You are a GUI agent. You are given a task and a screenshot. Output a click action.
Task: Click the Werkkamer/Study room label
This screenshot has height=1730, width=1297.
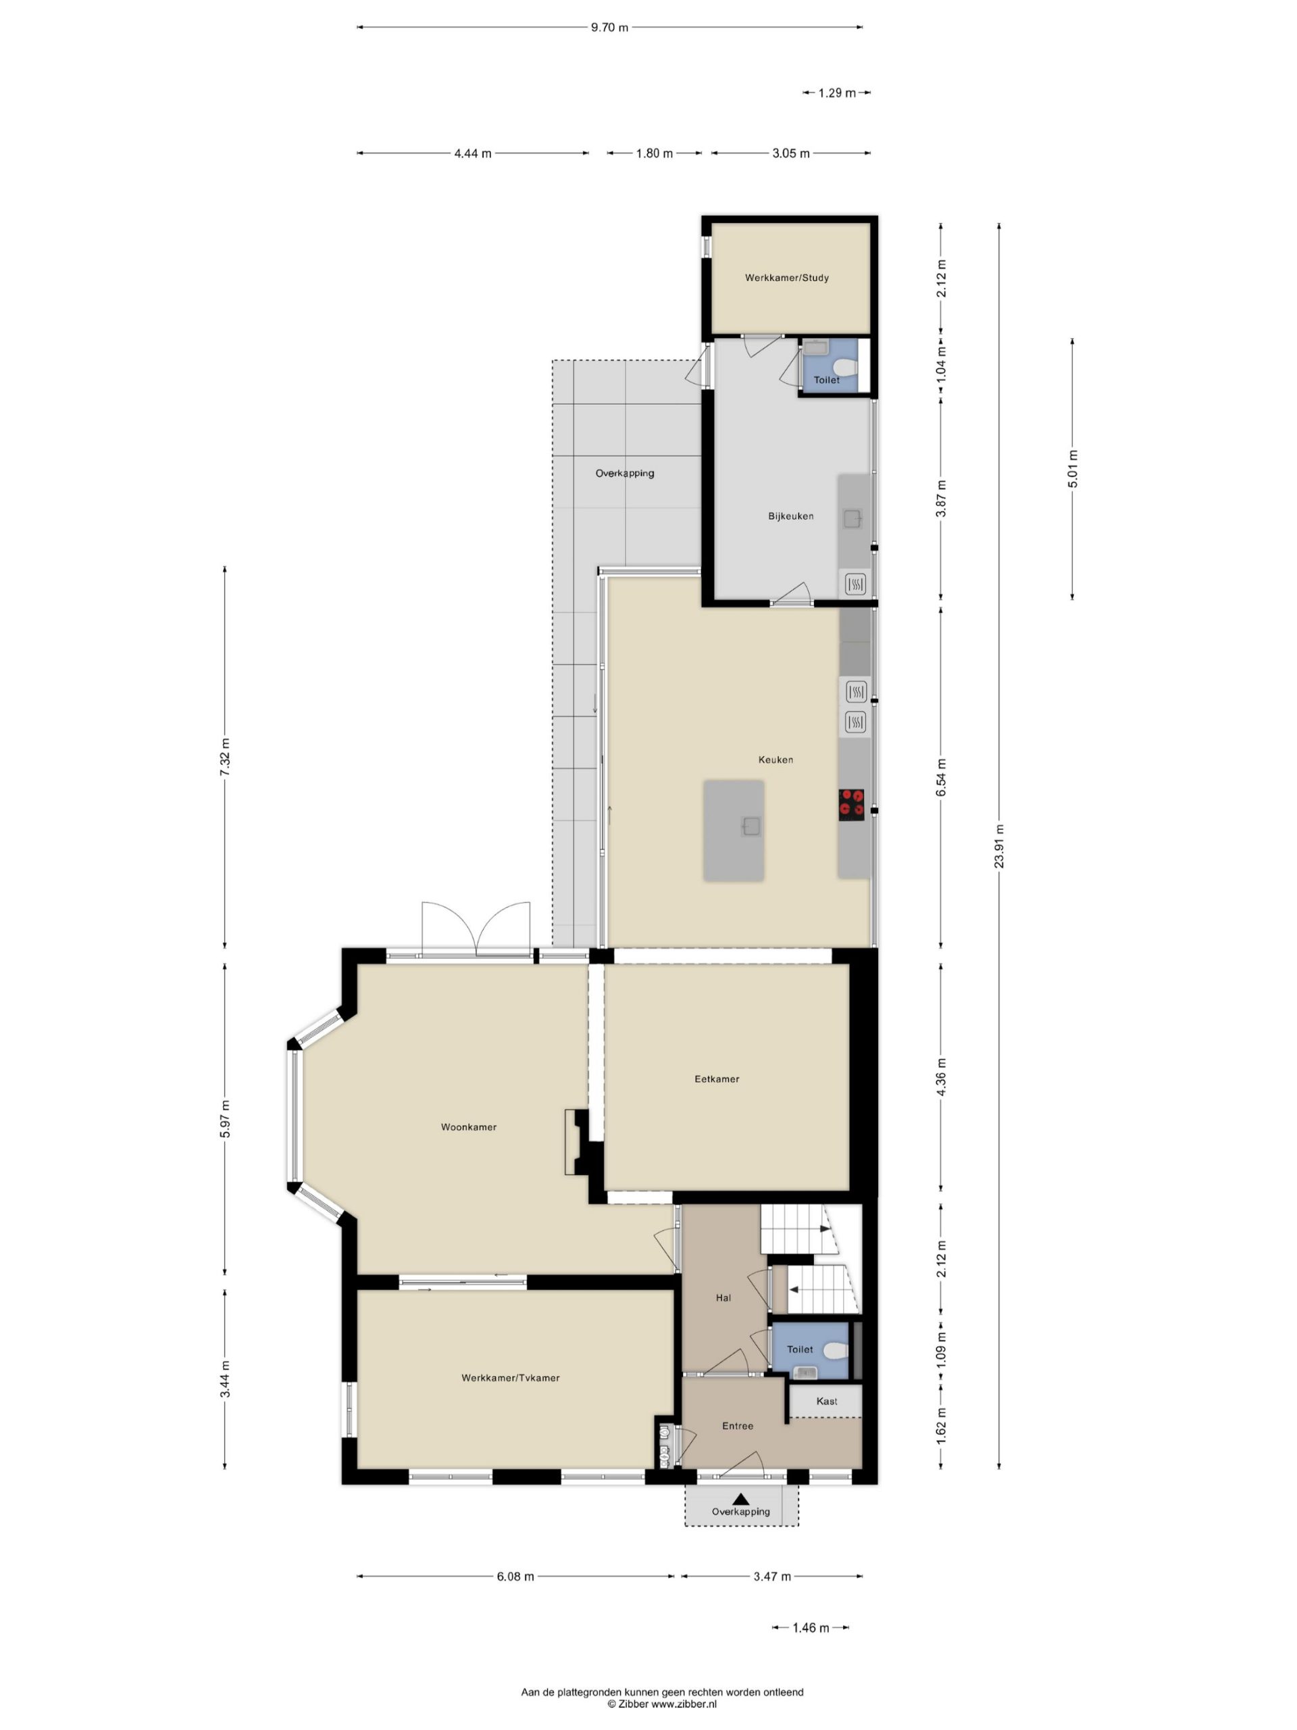point(786,278)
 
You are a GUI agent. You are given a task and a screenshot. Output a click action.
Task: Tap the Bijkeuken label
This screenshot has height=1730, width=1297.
point(790,516)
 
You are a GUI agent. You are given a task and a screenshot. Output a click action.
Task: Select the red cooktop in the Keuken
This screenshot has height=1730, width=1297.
point(851,804)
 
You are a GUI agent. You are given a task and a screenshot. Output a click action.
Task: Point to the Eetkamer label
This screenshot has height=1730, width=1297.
point(717,1079)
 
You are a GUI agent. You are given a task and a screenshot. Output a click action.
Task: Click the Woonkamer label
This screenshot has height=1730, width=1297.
point(468,1127)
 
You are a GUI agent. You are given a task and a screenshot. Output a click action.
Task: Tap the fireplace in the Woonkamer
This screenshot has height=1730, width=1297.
point(576,1142)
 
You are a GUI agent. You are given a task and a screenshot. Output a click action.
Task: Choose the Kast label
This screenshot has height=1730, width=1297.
point(826,1401)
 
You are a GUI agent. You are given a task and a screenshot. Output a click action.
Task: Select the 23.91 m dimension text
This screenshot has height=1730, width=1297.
point(999,846)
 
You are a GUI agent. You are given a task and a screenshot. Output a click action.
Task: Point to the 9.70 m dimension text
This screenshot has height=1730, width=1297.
point(609,28)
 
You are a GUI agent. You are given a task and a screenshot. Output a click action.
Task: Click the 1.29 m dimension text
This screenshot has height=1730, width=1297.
point(836,93)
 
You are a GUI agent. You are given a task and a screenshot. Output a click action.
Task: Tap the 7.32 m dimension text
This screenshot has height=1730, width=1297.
point(225,756)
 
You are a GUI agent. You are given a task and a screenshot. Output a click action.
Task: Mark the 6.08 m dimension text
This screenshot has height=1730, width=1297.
point(515,1576)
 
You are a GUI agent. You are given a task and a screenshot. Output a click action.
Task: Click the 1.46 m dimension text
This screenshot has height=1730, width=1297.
point(811,1627)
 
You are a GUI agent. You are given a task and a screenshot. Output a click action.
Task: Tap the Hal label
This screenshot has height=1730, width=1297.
point(723,1297)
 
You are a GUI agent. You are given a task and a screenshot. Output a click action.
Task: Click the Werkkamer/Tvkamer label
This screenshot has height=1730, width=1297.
point(511,1378)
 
